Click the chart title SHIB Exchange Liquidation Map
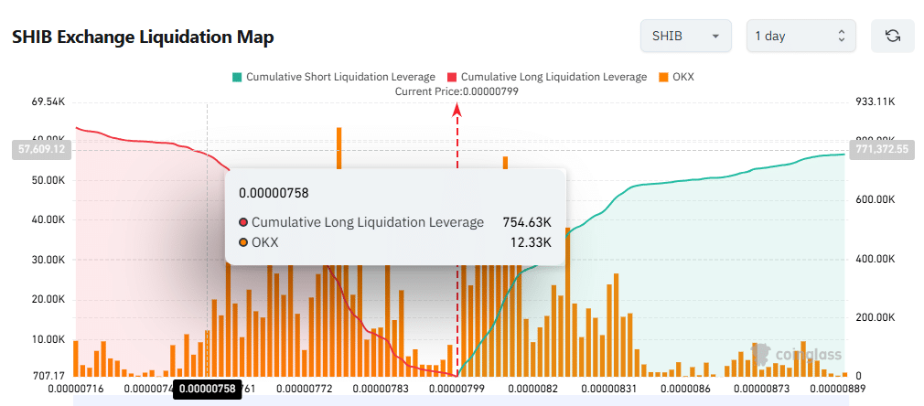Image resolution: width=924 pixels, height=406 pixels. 143,37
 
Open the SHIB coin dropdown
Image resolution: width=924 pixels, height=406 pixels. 685,37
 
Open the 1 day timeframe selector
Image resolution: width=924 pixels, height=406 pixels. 800,37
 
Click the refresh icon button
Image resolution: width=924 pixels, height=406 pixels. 893,37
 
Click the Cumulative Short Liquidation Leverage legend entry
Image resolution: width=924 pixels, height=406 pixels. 335,77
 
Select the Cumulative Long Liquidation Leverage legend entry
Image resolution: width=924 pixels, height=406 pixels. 546,77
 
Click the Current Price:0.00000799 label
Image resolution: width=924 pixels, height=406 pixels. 457,91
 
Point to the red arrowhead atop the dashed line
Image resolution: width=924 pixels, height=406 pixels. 457,110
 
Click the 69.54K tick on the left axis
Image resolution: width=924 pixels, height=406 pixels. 48,101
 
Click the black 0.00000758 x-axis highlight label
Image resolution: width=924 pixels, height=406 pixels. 208,390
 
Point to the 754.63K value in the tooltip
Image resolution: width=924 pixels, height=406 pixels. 526,222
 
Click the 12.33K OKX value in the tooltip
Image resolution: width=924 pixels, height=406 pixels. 532,242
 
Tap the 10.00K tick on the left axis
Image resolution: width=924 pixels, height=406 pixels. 48,339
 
